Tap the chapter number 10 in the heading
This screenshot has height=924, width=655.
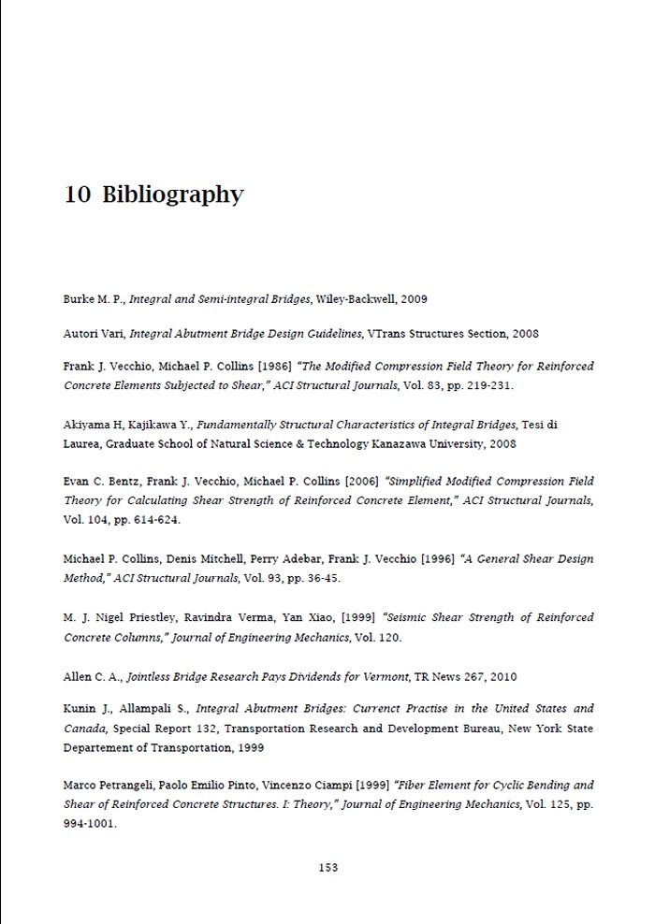click(78, 195)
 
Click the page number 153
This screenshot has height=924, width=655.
click(327, 867)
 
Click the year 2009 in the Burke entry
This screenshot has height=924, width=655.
click(414, 299)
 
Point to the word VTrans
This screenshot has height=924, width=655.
click(386, 333)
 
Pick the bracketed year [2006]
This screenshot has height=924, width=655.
click(361, 482)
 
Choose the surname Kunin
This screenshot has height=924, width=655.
click(80, 709)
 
